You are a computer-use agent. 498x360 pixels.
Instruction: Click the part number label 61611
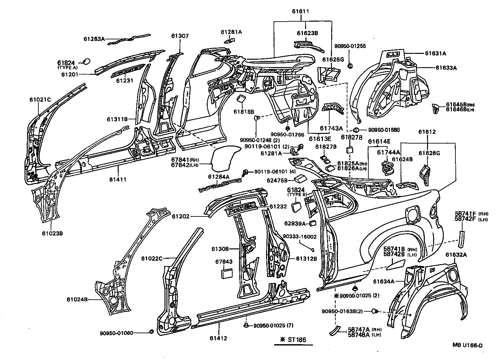300,11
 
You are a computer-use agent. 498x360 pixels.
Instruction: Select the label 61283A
94,39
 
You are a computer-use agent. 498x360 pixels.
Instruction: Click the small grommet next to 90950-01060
151,332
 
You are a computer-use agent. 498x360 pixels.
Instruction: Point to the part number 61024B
77,299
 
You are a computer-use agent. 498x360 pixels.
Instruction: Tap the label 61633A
446,68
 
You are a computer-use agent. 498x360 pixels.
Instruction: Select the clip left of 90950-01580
356,130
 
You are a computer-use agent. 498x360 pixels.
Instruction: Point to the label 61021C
40,100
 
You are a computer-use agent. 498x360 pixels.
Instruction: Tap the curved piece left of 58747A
334,330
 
